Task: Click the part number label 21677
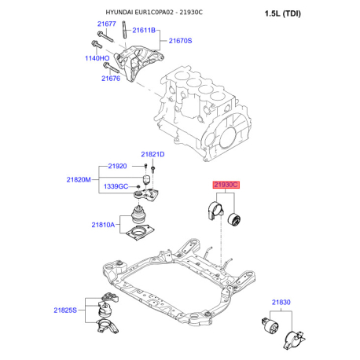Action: [x=106, y=24]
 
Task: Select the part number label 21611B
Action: [x=145, y=30]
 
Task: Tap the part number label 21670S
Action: [x=180, y=41]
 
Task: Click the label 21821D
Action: [x=152, y=154]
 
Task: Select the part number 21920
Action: [x=117, y=167]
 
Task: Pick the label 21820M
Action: [x=80, y=179]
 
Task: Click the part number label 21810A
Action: [x=102, y=225]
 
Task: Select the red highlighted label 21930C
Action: [x=225, y=184]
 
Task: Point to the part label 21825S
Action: [x=66, y=311]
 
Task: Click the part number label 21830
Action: [x=281, y=302]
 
